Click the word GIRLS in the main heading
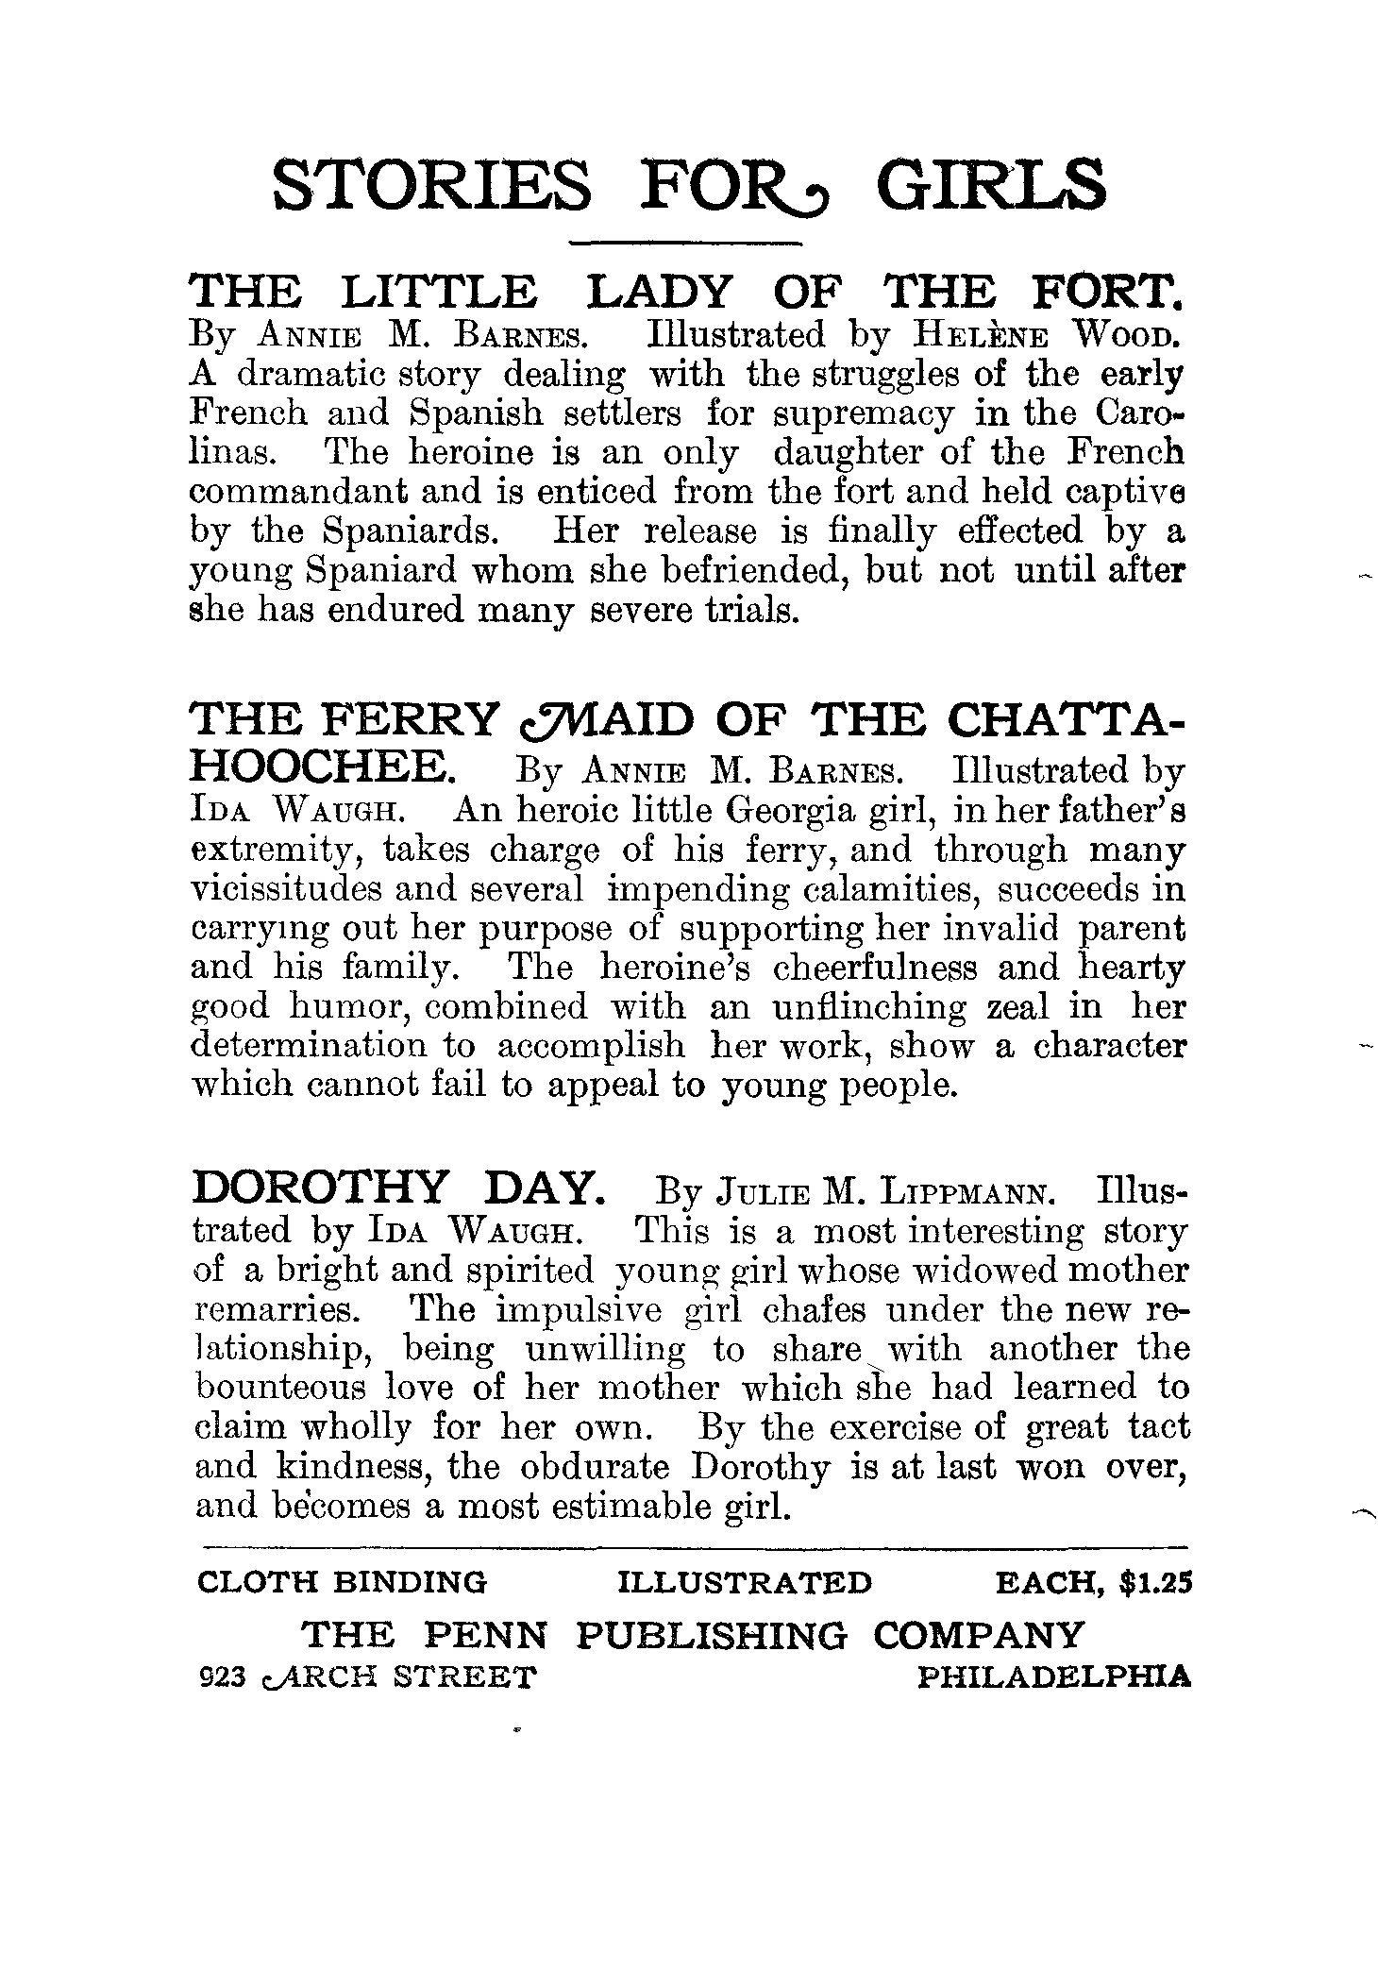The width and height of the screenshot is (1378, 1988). (991, 186)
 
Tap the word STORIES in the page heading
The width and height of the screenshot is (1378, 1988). (432, 186)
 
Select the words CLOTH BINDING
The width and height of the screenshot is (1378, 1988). (342, 1581)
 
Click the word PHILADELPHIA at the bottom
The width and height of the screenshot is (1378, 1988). (1053, 1677)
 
